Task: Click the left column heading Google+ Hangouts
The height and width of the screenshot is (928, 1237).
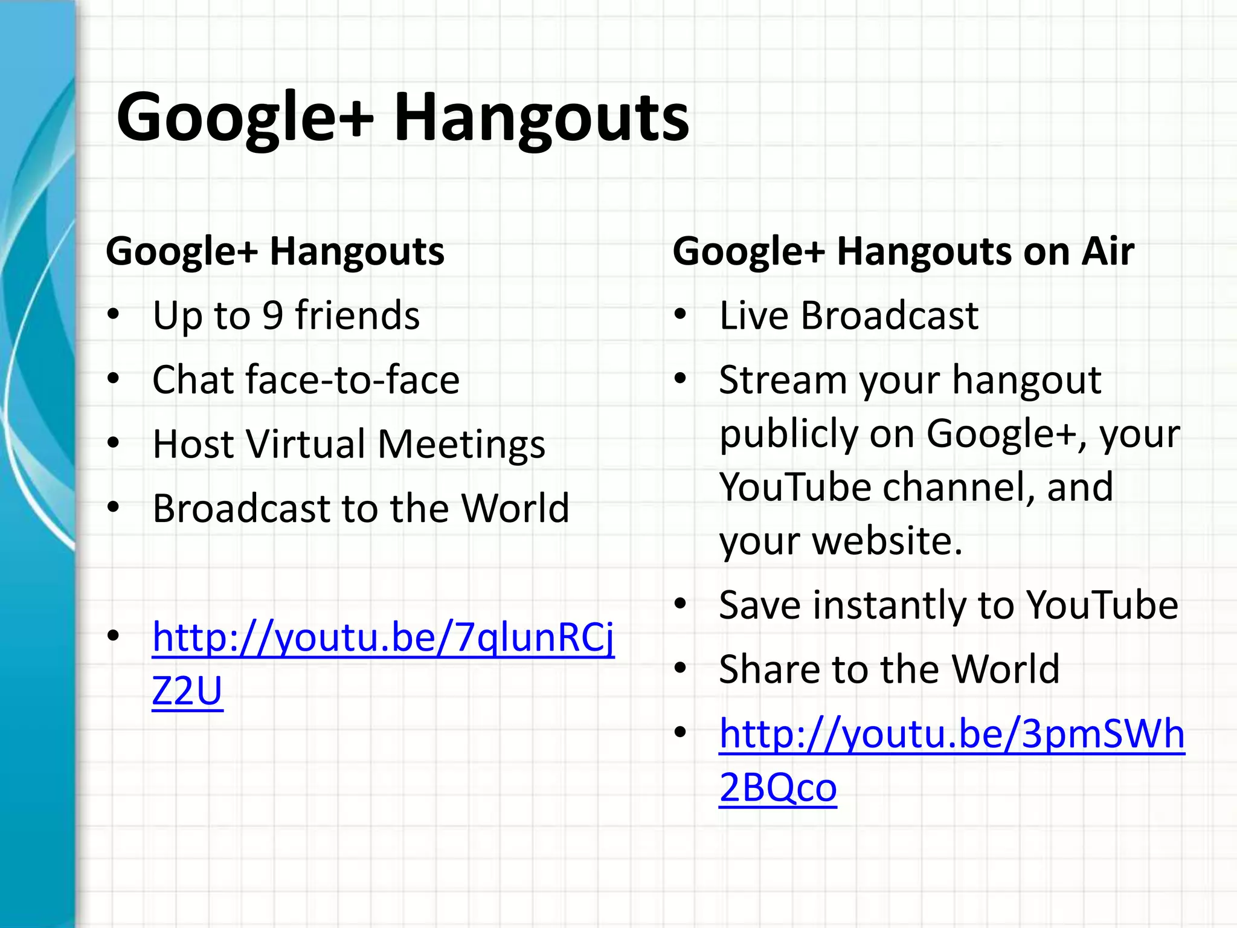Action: click(x=275, y=251)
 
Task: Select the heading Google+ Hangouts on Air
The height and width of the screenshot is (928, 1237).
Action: click(x=903, y=251)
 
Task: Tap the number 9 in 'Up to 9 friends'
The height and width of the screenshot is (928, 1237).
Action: click(x=272, y=315)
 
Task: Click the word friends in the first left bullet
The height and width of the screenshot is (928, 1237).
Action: click(x=357, y=315)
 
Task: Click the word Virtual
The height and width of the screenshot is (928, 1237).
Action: click(x=311, y=444)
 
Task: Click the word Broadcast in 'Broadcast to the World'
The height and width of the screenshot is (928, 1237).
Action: click(x=240, y=508)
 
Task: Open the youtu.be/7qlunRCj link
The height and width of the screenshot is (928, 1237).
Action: click(x=383, y=638)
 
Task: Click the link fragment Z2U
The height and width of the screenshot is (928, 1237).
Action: click(x=187, y=691)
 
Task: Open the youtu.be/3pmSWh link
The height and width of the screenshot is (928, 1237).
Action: click(x=951, y=735)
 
